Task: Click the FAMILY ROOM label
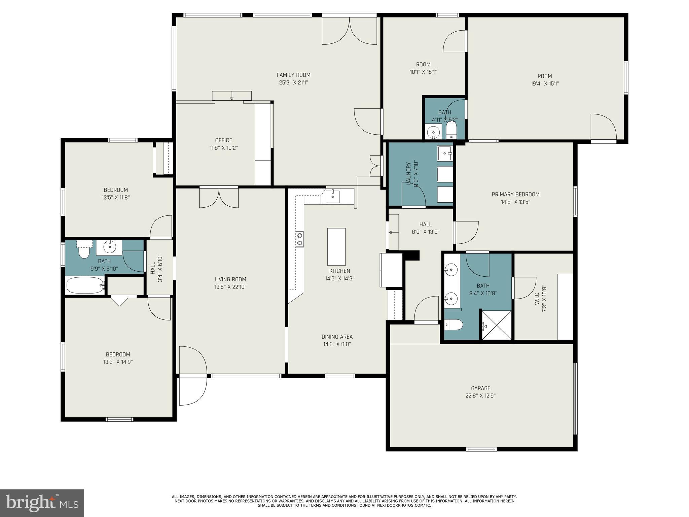tap(293, 75)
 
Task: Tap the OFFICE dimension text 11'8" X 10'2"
tap(224, 148)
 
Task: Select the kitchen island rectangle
tap(336, 247)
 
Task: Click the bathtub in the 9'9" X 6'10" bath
tap(85, 285)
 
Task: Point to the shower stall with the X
tap(497, 325)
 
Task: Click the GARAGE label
tap(480, 388)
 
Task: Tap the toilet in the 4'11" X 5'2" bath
tap(451, 130)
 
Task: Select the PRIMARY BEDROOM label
tap(515, 194)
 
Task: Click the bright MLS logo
tap(42, 503)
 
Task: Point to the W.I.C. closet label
tap(537, 298)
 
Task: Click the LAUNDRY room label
tap(408, 173)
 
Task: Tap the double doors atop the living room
tap(219, 198)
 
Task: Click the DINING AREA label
tap(337, 337)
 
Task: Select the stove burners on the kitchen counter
tap(299, 239)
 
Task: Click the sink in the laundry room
tap(445, 153)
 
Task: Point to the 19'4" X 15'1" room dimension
tap(545, 83)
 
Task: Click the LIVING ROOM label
tap(230, 279)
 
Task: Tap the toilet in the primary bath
tap(454, 325)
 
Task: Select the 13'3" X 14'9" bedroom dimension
tap(118, 362)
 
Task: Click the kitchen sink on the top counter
tap(332, 196)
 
